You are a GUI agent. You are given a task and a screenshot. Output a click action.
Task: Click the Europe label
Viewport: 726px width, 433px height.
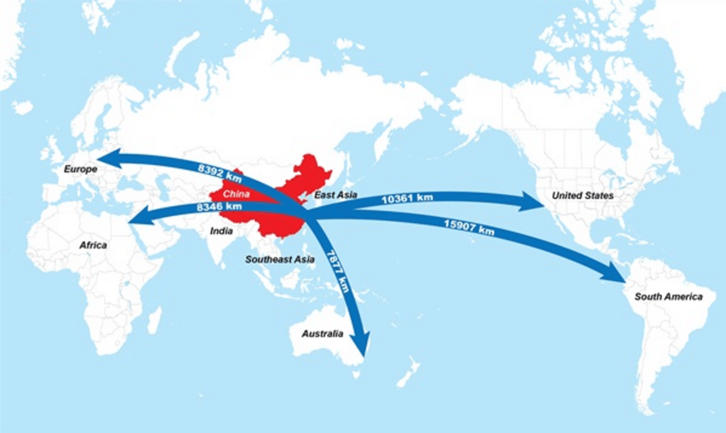(81, 169)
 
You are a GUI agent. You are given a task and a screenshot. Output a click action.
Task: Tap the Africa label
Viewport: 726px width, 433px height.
(93, 245)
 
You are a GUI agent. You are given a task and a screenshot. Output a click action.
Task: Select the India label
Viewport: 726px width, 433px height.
(222, 230)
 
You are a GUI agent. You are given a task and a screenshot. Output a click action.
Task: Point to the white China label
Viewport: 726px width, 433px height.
(236, 194)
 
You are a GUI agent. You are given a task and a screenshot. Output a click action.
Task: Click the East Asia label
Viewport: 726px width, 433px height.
(336, 196)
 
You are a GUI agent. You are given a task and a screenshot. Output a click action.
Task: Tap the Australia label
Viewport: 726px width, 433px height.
(321, 333)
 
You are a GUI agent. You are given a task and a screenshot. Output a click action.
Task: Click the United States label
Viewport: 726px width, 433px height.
(583, 196)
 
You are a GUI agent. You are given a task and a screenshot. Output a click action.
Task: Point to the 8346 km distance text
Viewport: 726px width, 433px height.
(219, 207)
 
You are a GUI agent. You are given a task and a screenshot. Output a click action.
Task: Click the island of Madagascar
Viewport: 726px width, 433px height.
(154, 320)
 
